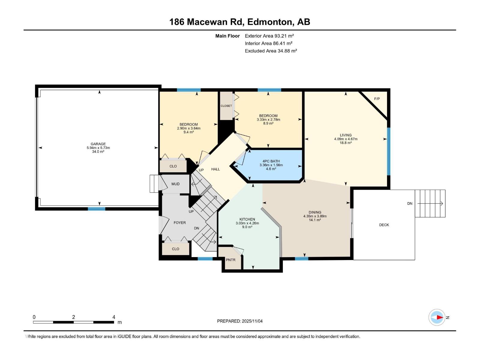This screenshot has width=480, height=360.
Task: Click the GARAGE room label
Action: click(98, 144)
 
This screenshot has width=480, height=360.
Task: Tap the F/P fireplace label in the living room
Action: click(377, 99)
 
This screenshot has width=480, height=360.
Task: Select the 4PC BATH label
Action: click(271, 161)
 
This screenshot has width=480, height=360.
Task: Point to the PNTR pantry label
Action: click(230, 260)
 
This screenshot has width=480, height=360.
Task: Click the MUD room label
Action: click(175, 184)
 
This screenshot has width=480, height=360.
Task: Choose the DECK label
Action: click(384, 225)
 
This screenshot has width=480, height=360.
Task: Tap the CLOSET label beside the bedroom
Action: click(226, 106)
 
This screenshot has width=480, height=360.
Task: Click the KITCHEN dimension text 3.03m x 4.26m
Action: click(247, 223)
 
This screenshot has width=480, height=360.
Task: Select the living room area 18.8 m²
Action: click(346, 143)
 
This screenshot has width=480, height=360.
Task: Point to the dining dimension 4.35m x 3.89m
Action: click(315, 216)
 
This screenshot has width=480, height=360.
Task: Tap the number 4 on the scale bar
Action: click(114, 317)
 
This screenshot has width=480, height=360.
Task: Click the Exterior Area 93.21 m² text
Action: click(269, 36)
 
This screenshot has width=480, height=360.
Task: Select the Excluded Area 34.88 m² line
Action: click(271, 51)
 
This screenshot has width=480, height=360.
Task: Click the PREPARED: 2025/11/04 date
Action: click(240, 321)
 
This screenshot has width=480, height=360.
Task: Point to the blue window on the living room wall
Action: click(388, 151)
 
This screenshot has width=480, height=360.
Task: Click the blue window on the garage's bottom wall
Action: click(97, 209)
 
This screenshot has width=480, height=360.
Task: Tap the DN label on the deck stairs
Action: click(410, 203)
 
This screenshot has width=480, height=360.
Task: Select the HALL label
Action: click(215, 169)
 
